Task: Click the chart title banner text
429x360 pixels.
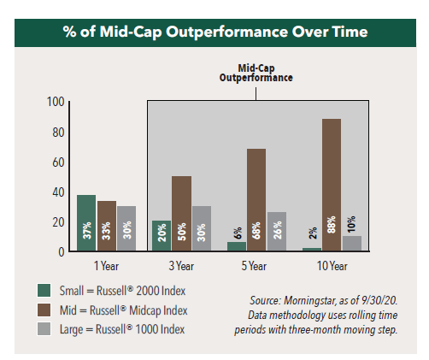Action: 214,32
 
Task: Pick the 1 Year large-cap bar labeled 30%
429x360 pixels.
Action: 126,229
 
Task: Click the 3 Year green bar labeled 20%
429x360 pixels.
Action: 161,236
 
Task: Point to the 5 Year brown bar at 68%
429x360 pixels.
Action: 256,200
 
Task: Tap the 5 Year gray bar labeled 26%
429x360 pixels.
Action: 277,232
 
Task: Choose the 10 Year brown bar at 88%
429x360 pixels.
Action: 332,186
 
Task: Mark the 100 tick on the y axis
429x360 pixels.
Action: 56,102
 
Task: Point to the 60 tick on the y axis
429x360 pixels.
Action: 58,162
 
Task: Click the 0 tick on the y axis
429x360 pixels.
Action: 61,251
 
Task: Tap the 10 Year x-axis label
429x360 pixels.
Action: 331,265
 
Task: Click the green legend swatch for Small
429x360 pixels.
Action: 44,291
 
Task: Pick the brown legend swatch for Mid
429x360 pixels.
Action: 44,309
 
